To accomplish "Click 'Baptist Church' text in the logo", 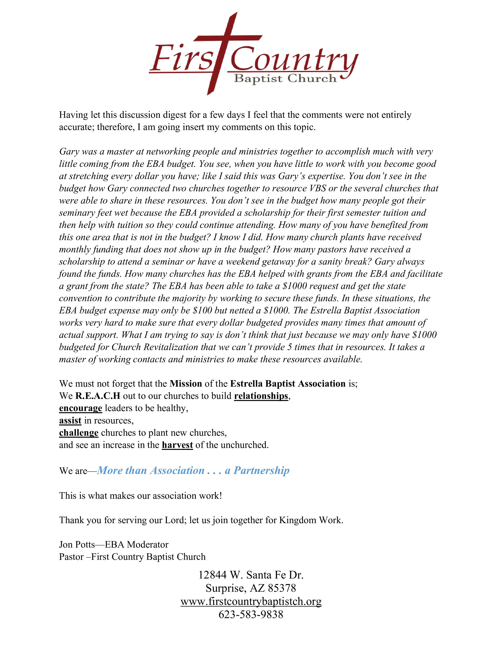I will [285, 79].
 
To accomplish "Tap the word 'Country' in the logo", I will [293, 59].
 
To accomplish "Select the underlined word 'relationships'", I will [261, 396].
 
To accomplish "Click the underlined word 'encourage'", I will [81, 408].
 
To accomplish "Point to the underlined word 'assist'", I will [70, 421].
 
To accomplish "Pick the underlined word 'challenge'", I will [79, 433].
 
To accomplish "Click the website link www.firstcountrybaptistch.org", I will [251, 602].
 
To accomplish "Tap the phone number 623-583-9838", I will [251, 614].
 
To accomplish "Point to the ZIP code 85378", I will [282, 588].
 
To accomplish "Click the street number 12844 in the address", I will [212, 575].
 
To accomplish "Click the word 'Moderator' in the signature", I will [147, 545].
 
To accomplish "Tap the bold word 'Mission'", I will [186, 384].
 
